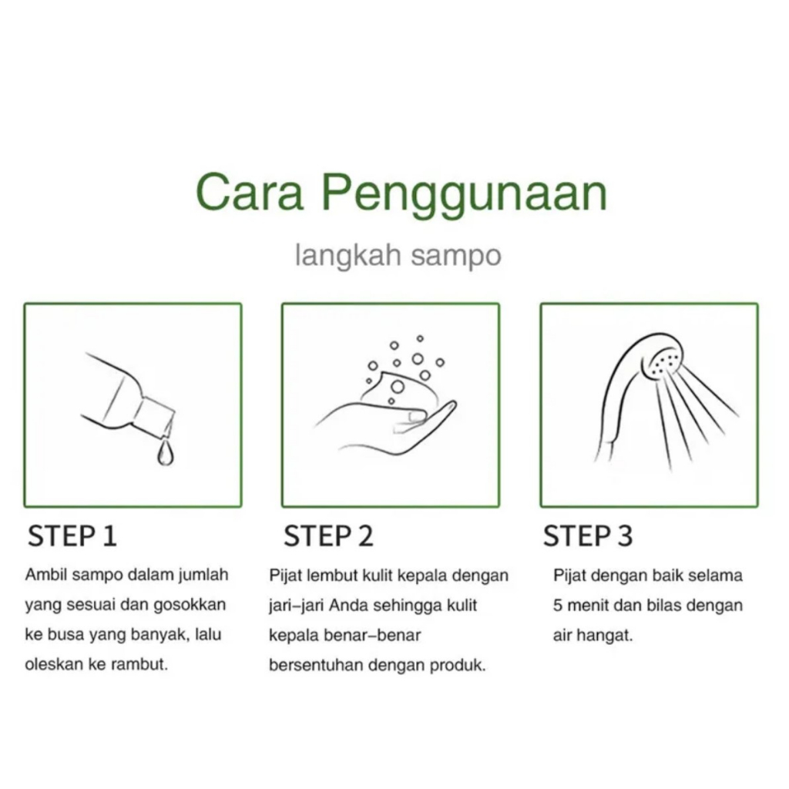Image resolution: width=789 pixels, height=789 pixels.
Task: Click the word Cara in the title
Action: coord(250,192)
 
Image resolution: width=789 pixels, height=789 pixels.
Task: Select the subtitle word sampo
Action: coord(456,257)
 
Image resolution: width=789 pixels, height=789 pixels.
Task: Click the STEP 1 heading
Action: coord(72,536)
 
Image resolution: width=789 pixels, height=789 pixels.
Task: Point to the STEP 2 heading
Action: coord(328,536)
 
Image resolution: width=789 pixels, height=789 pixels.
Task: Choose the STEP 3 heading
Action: coord(588,536)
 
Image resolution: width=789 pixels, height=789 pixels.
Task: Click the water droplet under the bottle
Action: coord(166,453)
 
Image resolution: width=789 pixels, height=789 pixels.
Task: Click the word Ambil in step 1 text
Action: coord(45,575)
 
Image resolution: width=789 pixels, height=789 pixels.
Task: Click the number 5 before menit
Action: coord(558,606)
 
